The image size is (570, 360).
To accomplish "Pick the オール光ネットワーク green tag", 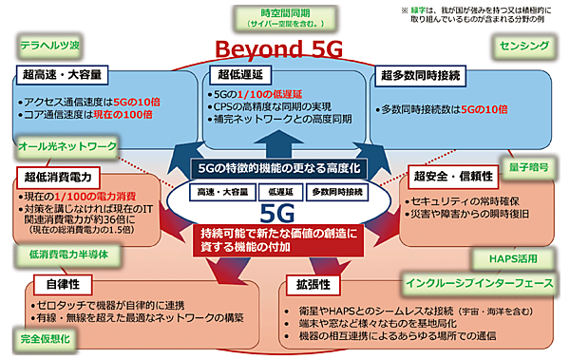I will pos(67,147).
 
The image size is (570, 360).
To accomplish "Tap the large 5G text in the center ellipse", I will pos(281,213).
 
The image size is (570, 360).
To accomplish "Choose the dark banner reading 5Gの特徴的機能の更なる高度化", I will pos(279,166).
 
